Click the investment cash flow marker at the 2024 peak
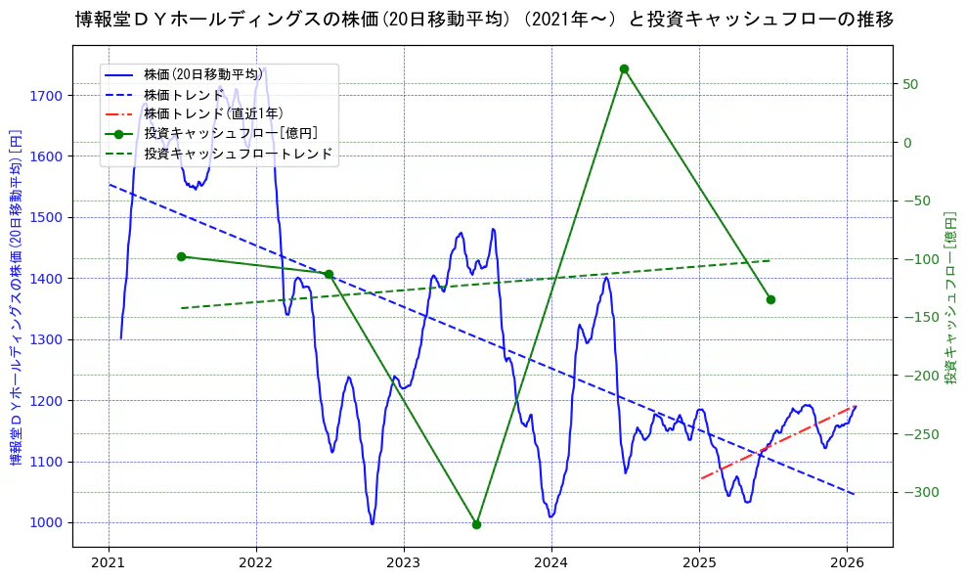[624, 68]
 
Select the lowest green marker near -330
[476, 524]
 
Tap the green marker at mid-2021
[181, 256]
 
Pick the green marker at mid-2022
[329, 274]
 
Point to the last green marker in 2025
[770, 299]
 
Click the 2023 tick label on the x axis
[404, 563]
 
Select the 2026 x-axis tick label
[847, 563]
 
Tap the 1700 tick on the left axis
[46, 96]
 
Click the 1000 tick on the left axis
[46, 522]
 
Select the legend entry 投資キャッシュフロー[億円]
[230, 133]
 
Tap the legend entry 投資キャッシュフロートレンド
[238, 154]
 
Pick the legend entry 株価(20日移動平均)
[202, 74]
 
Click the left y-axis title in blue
[16, 297]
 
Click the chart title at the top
[483, 19]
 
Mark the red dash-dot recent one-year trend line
[777, 442]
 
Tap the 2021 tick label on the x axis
[109, 563]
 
